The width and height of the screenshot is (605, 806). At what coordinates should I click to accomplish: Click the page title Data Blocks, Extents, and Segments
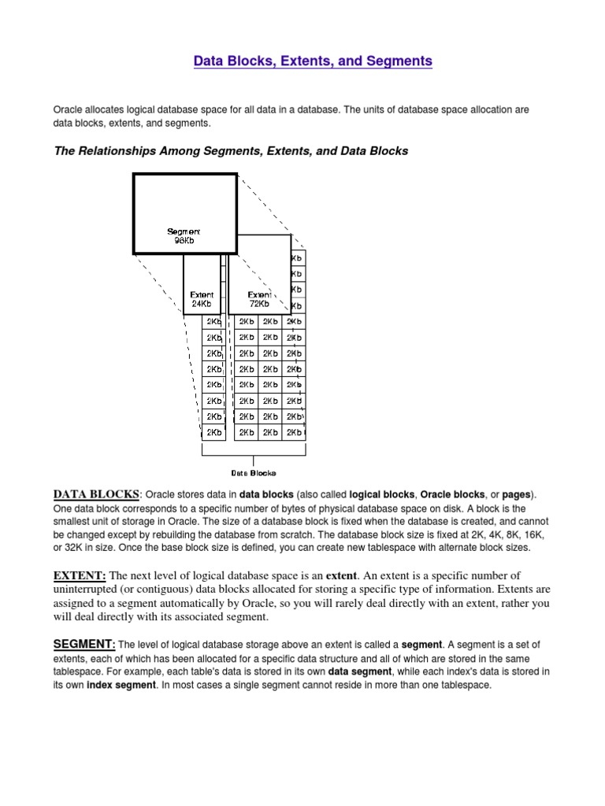click(314, 61)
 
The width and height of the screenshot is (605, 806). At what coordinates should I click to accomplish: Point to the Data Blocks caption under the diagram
click(253, 473)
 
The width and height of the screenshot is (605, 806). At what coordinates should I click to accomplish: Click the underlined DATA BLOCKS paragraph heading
click(95, 494)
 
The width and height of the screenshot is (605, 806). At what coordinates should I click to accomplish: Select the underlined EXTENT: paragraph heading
click(80, 575)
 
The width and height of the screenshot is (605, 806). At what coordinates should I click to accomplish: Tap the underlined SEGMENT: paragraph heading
click(84, 644)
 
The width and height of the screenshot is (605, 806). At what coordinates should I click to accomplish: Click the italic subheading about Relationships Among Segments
click(231, 150)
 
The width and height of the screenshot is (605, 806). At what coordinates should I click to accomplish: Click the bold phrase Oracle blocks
click(452, 495)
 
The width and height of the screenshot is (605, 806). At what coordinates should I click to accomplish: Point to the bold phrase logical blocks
click(381, 495)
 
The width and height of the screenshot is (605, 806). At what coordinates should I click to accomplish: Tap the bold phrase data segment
click(361, 671)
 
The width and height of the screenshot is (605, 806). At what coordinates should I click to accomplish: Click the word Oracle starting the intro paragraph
click(69, 109)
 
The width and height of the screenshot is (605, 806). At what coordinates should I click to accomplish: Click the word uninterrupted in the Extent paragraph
click(91, 589)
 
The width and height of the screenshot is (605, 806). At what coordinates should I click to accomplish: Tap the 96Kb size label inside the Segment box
click(184, 241)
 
